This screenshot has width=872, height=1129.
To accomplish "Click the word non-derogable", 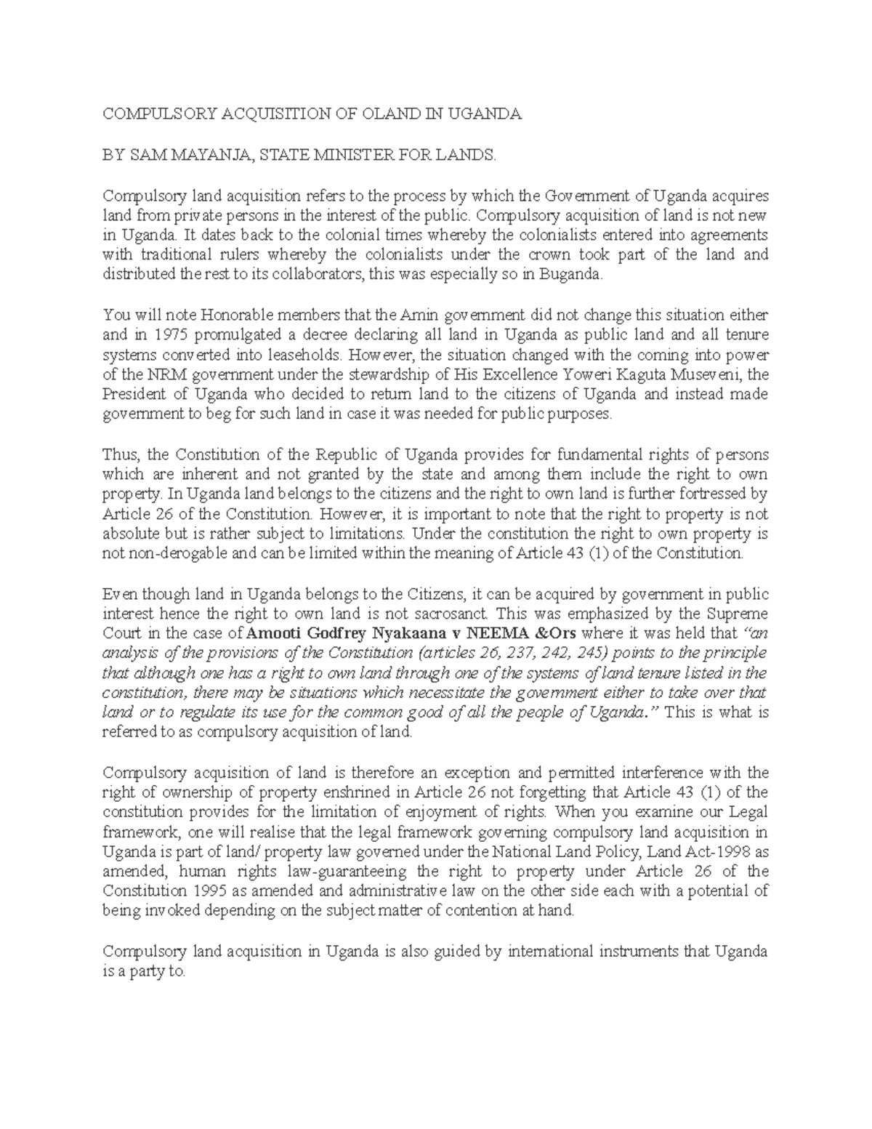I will point(172,553).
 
